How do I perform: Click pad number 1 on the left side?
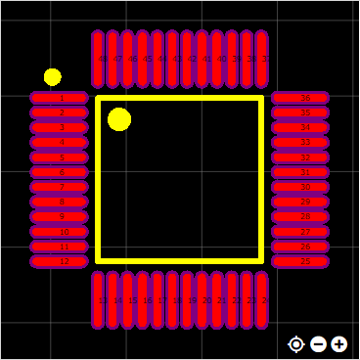pyautogui.click(x=60, y=98)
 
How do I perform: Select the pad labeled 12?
pyautogui.click(x=60, y=262)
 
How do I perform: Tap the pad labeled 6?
pyautogui.click(x=60, y=172)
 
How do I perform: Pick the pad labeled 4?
pyautogui.click(x=60, y=143)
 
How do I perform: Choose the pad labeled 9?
pyautogui.click(x=60, y=217)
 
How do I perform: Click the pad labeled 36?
pyautogui.click(x=299, y=98)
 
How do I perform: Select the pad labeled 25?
pyautogui.click(x=299, y=262)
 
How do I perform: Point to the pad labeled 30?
pyautogui.click(x=299, y=187)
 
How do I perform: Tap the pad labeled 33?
pyautogui.click(x=299, y=143)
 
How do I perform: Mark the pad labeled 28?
pyautogui.click(x=299, y=217)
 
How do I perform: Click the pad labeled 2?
pyautogui.click(x=60, y=112)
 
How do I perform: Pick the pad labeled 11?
pyautogui.click(x=60, y=247)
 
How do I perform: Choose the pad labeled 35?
pyautogui.click(x=299, y=112)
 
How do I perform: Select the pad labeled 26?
pyautogui.click(x=299, y=247)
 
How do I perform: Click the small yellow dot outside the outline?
pyautogui.click(x=53, y=77)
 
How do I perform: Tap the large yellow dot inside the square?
pyautogui.click(x=119, y=119)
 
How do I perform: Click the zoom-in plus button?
pyautogui.click(x=338, y=343)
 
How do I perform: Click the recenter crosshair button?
pyautogui.click(x=296, y=343)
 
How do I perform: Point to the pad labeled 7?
pyautogui.click(x=60, y=187)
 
